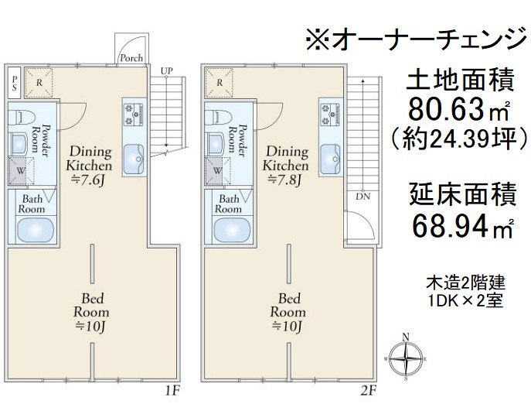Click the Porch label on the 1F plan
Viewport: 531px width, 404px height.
pyautogui.click(x=129, y=58)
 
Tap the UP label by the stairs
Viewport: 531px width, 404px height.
pyautogui.click(x=166, y=71)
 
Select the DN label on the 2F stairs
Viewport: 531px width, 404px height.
pyautogui.click(x=363, y=197)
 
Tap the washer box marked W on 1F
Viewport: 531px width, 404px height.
pyautogui.click(x=21, y=170)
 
